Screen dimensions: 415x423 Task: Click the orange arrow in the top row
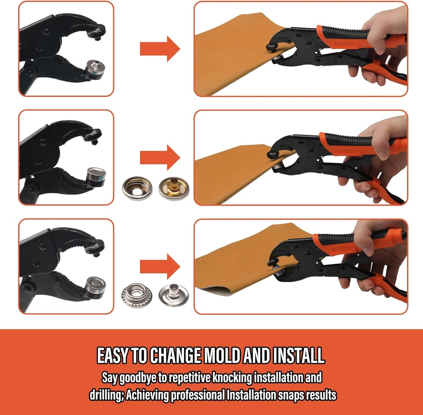(x=160, y=49)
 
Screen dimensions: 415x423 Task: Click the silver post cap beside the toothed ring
(x=174, y=295)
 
